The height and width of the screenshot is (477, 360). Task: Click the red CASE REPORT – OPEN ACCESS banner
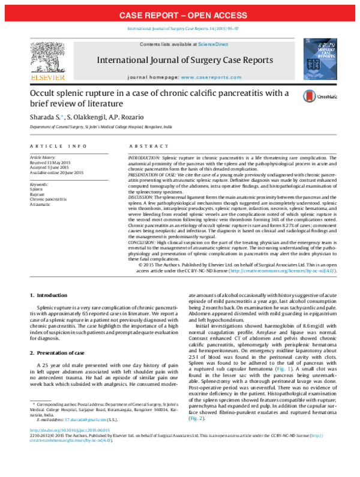[x=180, y=14]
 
